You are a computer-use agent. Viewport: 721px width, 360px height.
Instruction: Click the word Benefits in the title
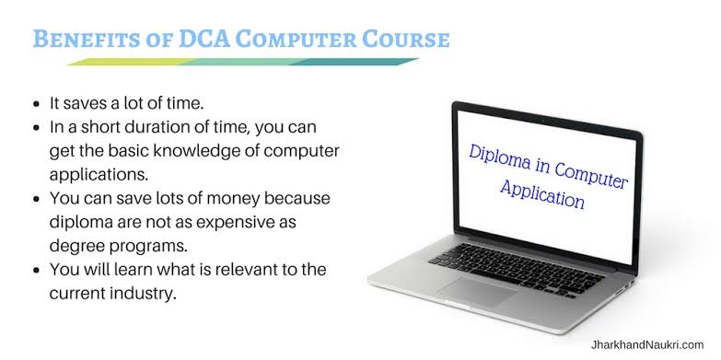point(86,39)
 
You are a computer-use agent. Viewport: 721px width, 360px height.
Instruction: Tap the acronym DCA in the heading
point(204,39)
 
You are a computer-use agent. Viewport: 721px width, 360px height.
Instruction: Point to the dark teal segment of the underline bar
point(355,62)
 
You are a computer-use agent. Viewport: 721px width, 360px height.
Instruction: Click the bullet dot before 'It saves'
point(37,104)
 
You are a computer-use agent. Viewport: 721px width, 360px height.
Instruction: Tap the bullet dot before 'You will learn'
point(37,270)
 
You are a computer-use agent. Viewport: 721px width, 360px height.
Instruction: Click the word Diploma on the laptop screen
point(499,158)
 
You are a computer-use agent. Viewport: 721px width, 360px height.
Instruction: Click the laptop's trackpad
point(476,292)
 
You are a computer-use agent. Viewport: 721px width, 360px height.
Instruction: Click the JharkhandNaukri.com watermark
point(647,345)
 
